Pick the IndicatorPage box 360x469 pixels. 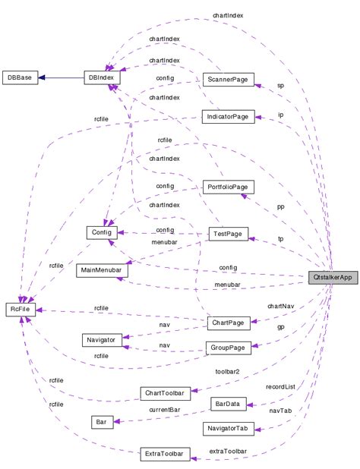[226, 116]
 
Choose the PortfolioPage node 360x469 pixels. [229, 187]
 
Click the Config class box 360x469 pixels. [101, 232]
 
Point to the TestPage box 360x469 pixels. [229, 234]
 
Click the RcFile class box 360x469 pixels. [20, 310]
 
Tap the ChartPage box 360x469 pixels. [229, 323]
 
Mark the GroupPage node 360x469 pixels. [229, 348]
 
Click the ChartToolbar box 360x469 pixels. [164, 392]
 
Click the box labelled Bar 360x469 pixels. [100, 421]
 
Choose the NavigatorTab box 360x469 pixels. [227, 429]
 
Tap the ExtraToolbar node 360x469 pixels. [164, 454]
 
